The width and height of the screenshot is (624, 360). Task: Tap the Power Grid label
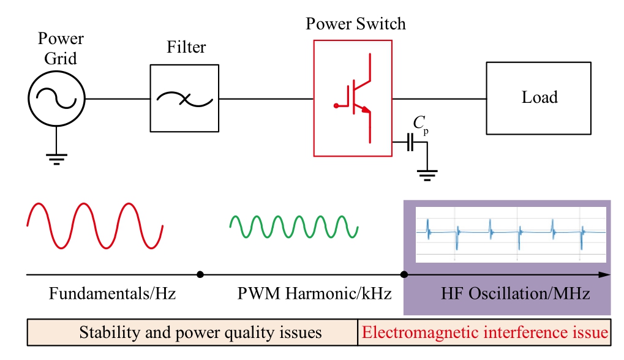click(60, 49)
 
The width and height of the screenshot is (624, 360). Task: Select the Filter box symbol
click(184, 98)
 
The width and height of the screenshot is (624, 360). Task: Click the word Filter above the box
click(186, 47)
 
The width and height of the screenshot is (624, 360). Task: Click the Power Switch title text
click(356, 24)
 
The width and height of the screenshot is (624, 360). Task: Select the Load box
click(539, 97)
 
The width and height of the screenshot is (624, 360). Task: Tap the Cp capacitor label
click(420, 124)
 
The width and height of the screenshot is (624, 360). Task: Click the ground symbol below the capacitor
click(426, 176)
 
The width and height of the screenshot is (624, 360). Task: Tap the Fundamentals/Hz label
click(112, 294)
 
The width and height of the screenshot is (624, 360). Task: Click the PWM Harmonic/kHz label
click(314, 294)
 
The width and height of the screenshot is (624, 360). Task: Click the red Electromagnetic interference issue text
click(485, 333)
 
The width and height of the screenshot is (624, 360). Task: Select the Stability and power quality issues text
click(200, 333)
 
